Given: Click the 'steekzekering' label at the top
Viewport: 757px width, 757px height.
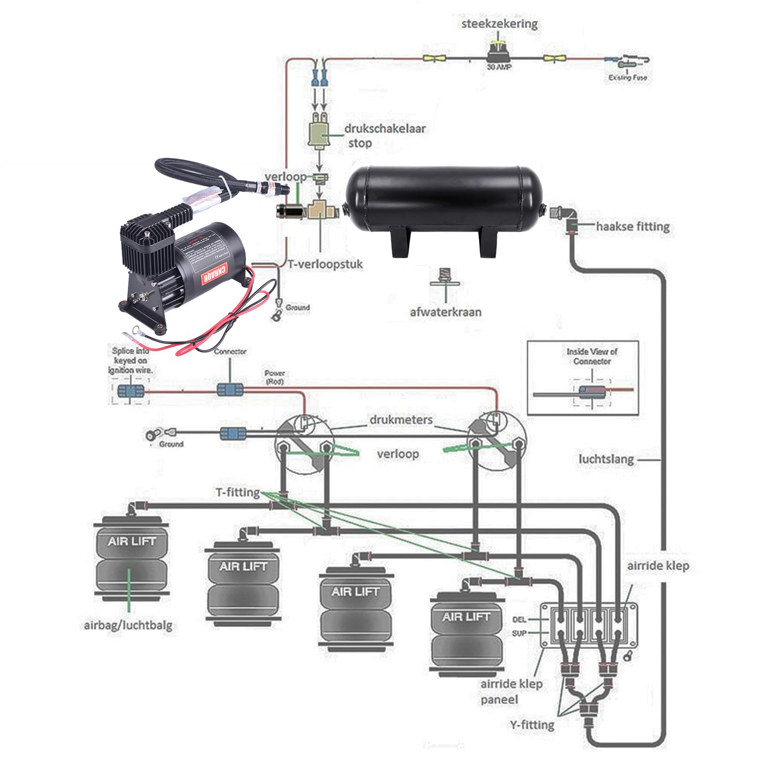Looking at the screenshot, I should pyautogui.click(x=499, y=23).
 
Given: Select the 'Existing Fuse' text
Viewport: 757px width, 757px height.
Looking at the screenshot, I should pyautogui.click(x=627, y=78).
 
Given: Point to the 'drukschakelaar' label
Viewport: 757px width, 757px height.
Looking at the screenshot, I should pyautogui.click(x=385, y=128).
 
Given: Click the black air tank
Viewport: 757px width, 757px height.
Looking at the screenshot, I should pyautogui.click(x=445, y=202).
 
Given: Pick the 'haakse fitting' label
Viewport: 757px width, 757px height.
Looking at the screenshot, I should pyautogui.click(x=633, y=227).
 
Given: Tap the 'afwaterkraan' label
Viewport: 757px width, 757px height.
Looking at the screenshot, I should pyautogui.click(x=445, y=312).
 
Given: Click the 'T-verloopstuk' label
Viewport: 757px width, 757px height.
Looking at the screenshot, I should pyautogui.click(x=325, y=264).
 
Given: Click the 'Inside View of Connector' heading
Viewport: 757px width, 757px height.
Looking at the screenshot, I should pyautogui.click(x=591, y=356).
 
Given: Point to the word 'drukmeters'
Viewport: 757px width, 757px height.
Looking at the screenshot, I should pyautogui.click(x=401, y=420).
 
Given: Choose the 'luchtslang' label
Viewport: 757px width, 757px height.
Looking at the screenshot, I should pyautogui.click(x=606, y=459).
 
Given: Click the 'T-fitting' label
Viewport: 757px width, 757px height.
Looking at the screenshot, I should pyautogui.click(x=238, y=492).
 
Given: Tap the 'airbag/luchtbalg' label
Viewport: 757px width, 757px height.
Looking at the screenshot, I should pyautogui.click(x=128, y=625).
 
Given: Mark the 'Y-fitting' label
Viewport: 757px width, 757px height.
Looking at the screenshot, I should pyautogui.click(x=532, y=725).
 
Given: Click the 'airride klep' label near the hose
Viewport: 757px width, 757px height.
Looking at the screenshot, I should pyautogui.click(x=658, y=566).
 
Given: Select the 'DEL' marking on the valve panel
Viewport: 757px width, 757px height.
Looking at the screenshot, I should pyautogui.click(x=519, y=619).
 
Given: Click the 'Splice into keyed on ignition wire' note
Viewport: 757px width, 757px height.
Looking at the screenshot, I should pyautogui.click(x=130, y=360).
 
